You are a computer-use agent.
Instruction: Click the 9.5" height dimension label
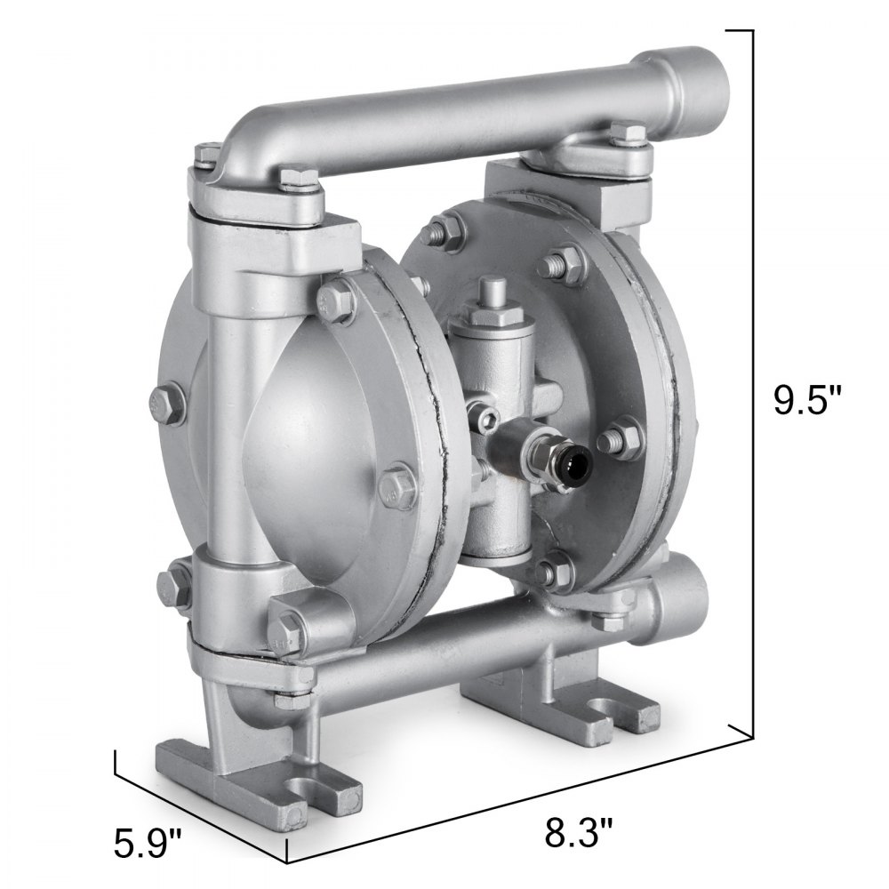click(806, 398)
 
